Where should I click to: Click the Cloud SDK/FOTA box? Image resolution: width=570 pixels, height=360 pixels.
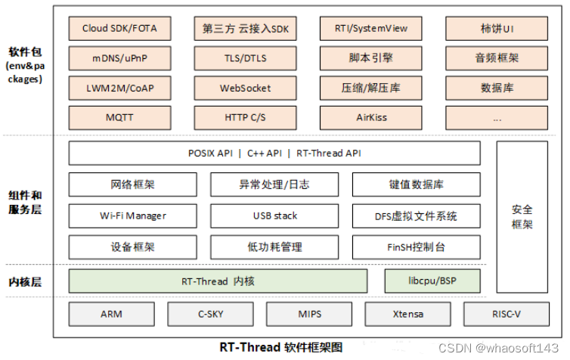point(120,29)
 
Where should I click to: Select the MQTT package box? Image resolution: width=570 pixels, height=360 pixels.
point(120,118)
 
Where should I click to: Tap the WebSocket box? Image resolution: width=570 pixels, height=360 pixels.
point(245,88)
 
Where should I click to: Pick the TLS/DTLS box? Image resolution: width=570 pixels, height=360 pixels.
point(245,58)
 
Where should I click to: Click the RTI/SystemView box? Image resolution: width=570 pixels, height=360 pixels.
point(371,29)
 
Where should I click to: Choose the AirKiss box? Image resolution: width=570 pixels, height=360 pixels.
point(371,118)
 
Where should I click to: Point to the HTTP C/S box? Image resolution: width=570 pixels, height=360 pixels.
point(245,118)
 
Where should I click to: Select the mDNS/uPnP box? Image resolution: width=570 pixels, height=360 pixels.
point(120,58)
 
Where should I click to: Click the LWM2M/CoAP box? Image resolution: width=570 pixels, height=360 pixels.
point(120,88)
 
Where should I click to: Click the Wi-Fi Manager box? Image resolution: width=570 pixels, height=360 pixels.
point(133,216)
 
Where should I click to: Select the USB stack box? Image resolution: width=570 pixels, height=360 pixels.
point(274,216)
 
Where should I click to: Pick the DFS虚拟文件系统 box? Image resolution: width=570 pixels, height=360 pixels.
point(416,216)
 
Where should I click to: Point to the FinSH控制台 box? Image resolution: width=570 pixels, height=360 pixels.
point(416,247)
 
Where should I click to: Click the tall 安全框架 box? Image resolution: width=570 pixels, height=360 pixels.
point(522,216)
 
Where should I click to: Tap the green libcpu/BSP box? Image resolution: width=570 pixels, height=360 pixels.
point(432,281)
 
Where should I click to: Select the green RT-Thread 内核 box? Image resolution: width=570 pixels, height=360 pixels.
point(218,281)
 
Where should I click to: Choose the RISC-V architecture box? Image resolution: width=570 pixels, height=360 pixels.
point(495,314)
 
